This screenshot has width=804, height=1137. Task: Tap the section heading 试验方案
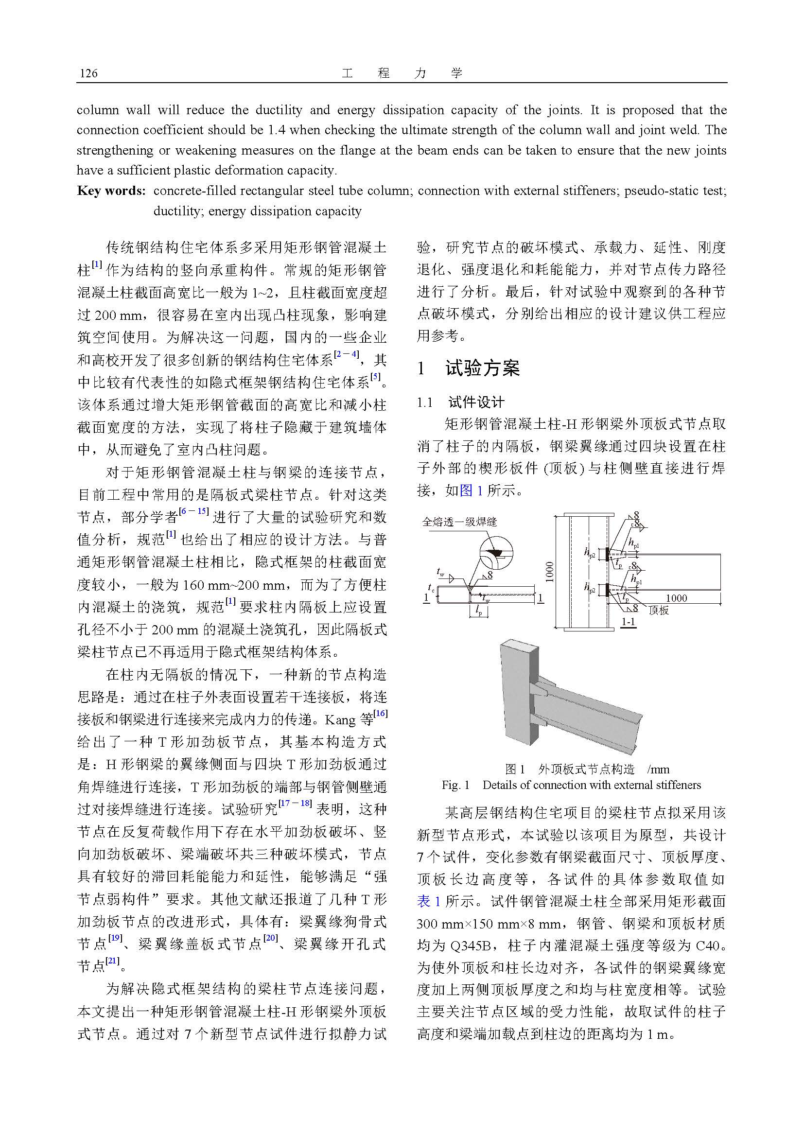pos(482,368)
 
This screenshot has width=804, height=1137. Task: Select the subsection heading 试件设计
pos(476,402)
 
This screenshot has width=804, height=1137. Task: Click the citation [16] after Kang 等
pos(381,714)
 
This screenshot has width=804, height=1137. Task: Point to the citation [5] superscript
pos(376,377)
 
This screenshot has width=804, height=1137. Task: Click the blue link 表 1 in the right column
pos(428,901)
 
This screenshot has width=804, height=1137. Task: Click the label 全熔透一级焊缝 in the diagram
pos(459,522)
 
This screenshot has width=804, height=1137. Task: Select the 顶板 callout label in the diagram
pos(659,610)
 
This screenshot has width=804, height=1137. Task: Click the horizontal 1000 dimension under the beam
pos(676,598)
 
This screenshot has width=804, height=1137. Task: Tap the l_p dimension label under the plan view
pos(479,612)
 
